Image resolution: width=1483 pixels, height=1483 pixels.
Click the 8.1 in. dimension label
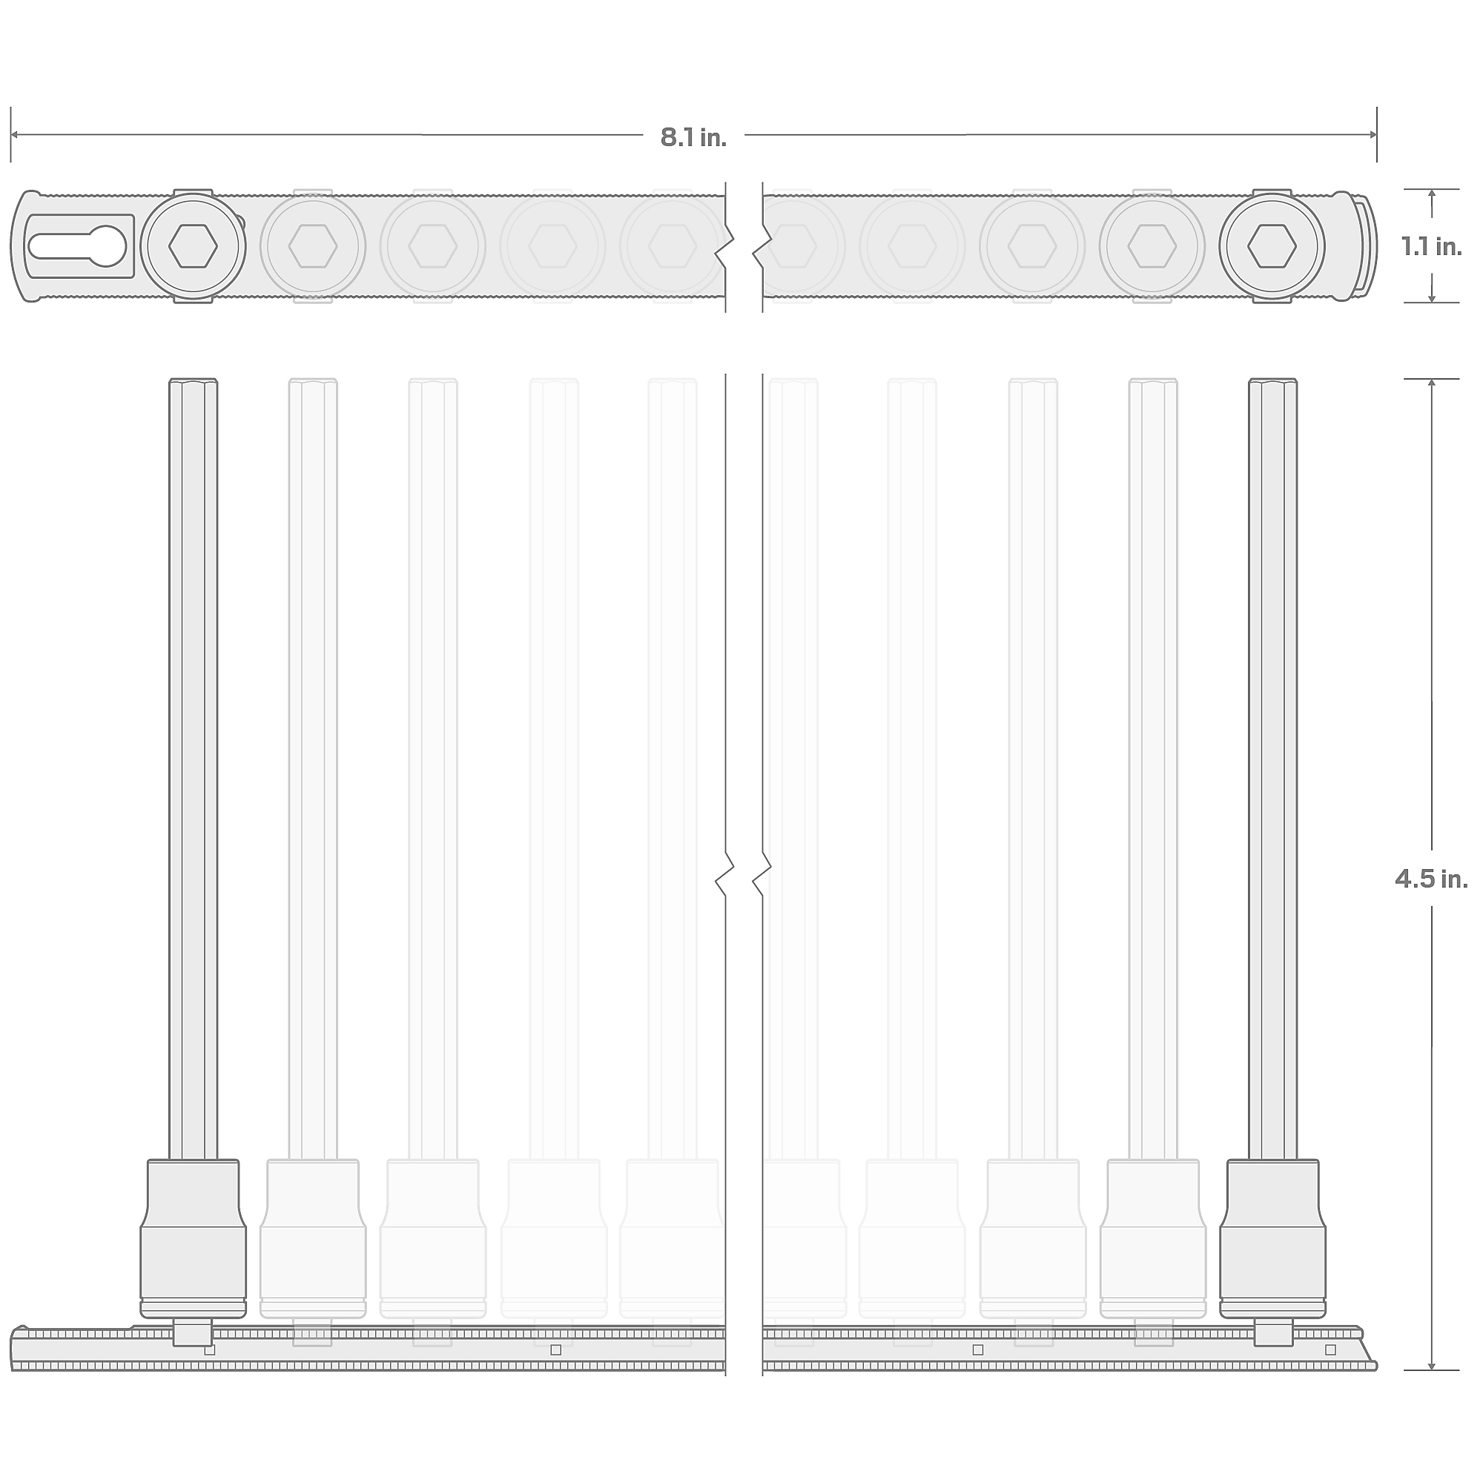point(693,137)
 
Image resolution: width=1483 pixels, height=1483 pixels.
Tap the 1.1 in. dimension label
point(1432,246)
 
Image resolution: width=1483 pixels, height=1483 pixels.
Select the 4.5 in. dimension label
point(1432,879)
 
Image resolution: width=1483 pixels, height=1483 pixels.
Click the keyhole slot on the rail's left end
point(77,245)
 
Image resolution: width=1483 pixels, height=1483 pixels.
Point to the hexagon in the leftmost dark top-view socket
point(193,246)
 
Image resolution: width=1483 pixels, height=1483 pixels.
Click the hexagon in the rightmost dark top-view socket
point(1272,246)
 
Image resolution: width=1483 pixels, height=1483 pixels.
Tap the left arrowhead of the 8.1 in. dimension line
point(15,135)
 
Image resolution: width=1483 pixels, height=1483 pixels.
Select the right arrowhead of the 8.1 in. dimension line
point(1373,135)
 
